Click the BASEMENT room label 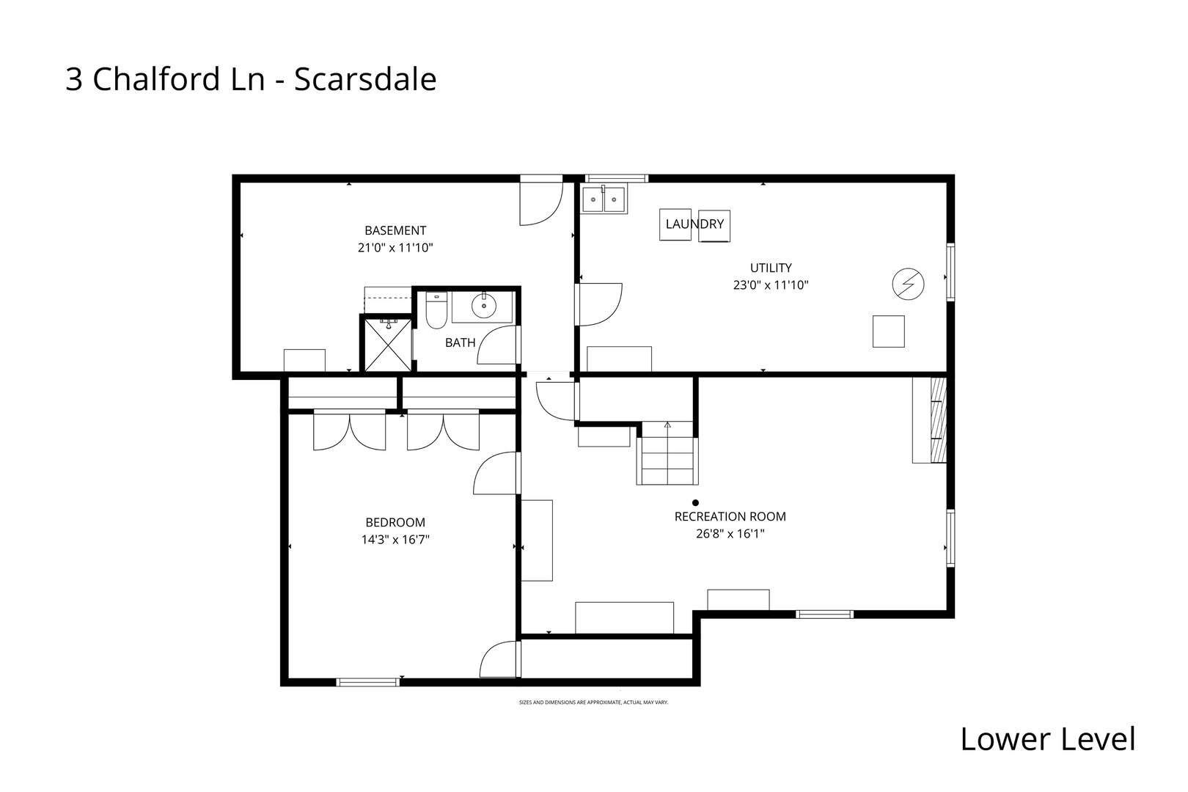point(395,230)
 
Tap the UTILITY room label point(770,268)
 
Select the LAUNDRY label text point(694,224)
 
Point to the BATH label point(460,342)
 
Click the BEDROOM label point(395,523)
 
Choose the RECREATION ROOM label point(730,517)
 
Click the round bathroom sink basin point(484,306)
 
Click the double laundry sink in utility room point(604,199)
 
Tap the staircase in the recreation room point(667,455)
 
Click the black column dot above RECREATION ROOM point(695,503)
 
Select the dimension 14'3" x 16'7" point(395,540)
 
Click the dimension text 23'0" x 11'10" point(770,285)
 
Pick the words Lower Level point(1047,739)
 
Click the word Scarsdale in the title point(365,80)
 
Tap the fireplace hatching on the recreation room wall point(938,419)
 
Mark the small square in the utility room point(888,331)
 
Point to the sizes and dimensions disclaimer point(593,703)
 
